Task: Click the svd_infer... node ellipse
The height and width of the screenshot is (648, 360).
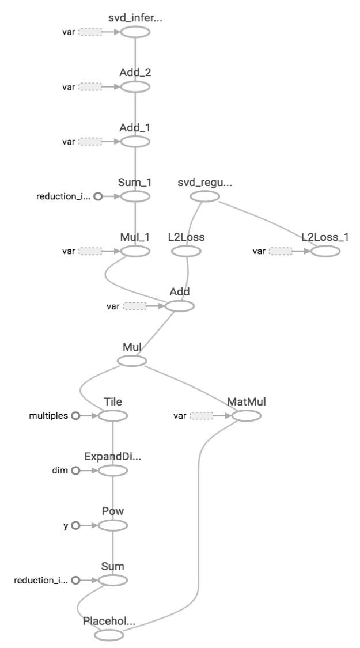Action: pos(135,32)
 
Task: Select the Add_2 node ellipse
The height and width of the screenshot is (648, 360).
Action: pos(135,86)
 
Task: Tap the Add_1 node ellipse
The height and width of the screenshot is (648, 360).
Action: pos(135,141)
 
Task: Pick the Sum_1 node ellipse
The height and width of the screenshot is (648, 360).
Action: pos(135,196)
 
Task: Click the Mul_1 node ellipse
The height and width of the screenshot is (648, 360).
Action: pos(135,251)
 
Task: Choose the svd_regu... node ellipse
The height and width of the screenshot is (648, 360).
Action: pos(205,196)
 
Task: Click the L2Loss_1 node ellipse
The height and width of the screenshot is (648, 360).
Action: pos(325,251)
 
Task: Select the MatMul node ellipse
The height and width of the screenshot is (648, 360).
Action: pos(247,415)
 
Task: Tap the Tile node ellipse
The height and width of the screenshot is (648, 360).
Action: pos(113,415)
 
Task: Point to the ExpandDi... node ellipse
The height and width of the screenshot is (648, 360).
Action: pos(113,471)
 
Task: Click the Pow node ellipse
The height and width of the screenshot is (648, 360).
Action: pos(113,525)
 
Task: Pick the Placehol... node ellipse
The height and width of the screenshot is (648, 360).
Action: pos(109,635)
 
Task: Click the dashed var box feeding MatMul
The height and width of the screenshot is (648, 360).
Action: pos(201,415)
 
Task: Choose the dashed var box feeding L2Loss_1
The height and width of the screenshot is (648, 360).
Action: pos(280,251)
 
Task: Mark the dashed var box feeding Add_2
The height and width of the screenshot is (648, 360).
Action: pos(90,86)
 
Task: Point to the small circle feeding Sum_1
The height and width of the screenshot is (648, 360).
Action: pos(97,196)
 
